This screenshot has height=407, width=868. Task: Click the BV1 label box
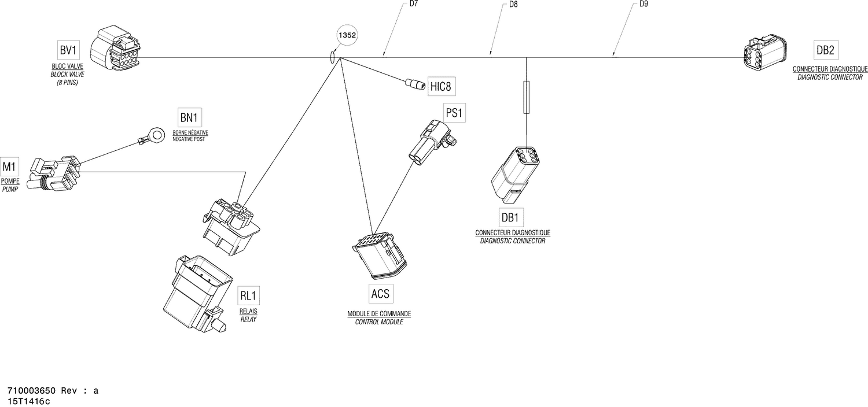[68, 50]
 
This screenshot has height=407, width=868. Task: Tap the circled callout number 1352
[347, 35]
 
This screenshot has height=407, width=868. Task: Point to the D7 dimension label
[414, 3]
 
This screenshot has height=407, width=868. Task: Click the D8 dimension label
[513, 4]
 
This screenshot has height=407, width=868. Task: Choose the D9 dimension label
[643, 4]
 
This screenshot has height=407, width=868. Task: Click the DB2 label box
[825, 50]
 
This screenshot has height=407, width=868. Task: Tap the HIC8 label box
[440, 87]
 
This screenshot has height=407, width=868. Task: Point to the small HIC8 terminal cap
[414, 85]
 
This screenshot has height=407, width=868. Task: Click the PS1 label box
[454, 113]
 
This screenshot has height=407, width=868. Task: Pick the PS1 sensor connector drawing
[431, 141]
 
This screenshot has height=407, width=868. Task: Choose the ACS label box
[380, 294]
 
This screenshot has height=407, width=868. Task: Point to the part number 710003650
[31, 391]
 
